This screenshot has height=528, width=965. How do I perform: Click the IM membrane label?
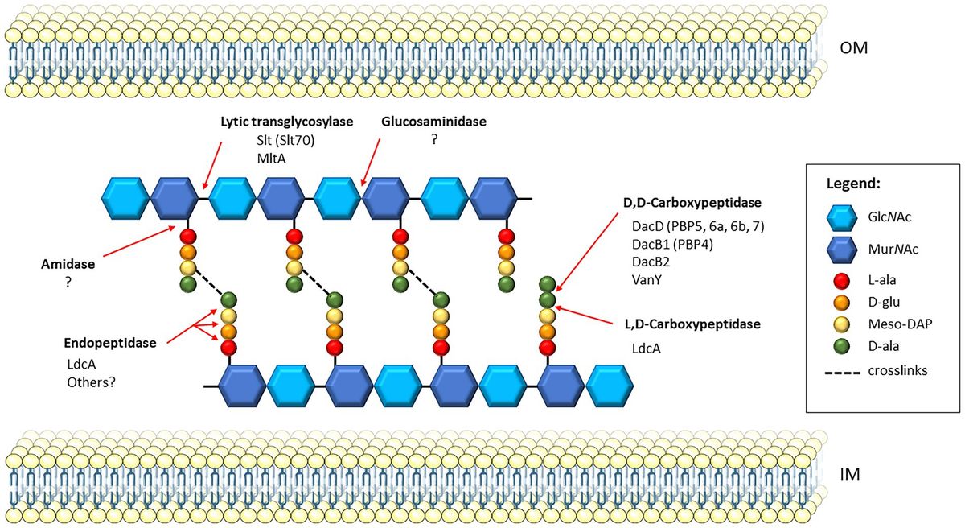(844, 475)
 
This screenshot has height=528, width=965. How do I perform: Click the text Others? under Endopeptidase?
(92, 382)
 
